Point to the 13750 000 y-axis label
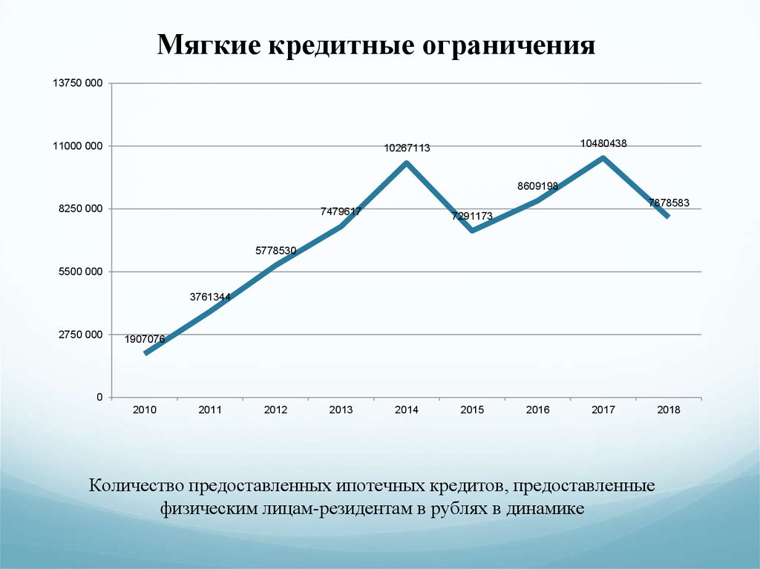[76, 83]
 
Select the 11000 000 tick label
[76, 146]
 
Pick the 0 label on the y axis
[99, 398]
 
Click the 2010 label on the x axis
[145, 410]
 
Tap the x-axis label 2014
[407, 410]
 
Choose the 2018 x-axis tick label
[669, 410]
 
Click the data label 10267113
[407, 148]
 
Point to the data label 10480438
[603, 144]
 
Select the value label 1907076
[145, 339]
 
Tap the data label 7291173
[472, 216]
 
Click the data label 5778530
[276, 251]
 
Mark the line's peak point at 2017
[603, 157]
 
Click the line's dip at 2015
[472, 231]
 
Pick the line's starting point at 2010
[145, 353]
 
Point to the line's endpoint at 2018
[669, 217]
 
